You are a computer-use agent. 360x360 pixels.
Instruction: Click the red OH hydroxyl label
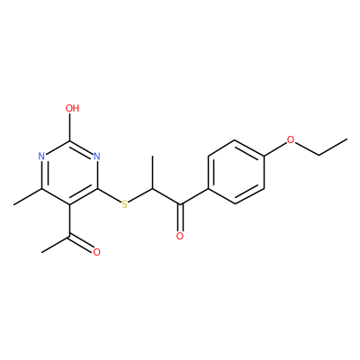coord(72,108)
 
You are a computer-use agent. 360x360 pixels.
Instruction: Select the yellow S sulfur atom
coord(124,204)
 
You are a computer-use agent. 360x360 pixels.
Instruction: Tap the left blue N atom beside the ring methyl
coord(41,157)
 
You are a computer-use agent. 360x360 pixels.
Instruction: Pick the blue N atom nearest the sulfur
coord(96,157)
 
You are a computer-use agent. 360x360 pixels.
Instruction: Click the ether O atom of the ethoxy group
coord(290,139)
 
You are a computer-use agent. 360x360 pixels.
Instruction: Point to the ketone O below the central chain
coord(180,236)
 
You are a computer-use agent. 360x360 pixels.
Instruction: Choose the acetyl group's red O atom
coord(96,252)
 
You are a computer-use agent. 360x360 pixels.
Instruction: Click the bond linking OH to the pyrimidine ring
coord(70,127)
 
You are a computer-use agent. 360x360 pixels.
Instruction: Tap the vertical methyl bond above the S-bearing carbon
coord(152,173)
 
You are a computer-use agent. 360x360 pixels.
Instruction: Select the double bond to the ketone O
coord(180,218)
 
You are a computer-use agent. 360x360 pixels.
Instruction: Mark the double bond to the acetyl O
coord(81,242)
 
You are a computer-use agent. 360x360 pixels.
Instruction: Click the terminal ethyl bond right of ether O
coord(333,147)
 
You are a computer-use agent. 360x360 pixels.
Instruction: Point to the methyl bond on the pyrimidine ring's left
coord(28,197)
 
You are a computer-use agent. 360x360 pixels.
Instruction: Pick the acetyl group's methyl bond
coord(56,244)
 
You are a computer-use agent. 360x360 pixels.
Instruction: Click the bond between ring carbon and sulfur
coord(109,195)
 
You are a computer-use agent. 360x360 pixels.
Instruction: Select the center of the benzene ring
coord(237,172)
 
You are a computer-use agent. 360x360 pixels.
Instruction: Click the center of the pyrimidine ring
coord(69,173)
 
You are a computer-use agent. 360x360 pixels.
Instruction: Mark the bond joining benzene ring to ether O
coord(274,149)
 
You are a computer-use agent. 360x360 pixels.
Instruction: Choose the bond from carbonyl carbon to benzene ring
coord(193,197)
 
